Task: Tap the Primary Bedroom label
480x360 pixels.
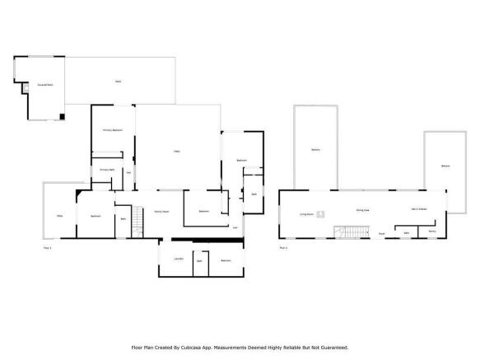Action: pyautogui.click(x=113, y=130)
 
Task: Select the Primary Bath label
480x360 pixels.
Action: pyautogui.click(x=107, y=170)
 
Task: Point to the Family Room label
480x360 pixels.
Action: pyautogui.click(x=162, y=212)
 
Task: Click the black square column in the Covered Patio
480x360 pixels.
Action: pyautogui.click(x=63, y=116)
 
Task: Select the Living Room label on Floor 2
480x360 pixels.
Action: pyautogui.click(x=306, y=213)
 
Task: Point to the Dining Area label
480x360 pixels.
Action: pyautogui.click(x=361, y=210)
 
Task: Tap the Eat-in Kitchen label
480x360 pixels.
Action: pyautogui.click(x=419, y=210)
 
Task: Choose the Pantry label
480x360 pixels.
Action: pyautogui.click(x=431, y=232)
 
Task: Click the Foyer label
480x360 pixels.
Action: pyautogui.click(x=381, y=234)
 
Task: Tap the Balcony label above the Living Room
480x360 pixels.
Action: pyautogui.click(x=315, y=149)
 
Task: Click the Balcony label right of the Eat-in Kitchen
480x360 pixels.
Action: pyautogui.click(x=445, y=166)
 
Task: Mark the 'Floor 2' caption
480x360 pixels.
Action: pyautogui.click(x=283, y=247)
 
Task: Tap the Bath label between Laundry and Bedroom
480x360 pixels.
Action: pyautogui.click(x=199, y=260)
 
